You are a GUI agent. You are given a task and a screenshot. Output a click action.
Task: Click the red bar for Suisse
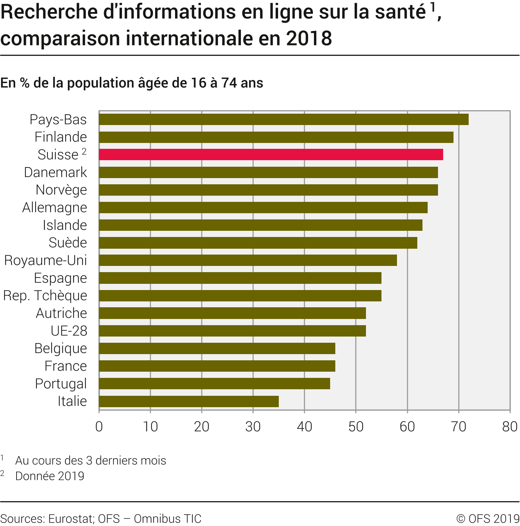(x=271, y=155)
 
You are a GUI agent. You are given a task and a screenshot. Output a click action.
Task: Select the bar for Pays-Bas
(x=284, y=119)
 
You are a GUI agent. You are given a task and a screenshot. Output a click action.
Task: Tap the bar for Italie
(x=189, y=401)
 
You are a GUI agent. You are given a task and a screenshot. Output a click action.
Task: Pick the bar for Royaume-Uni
(x=248, y=260)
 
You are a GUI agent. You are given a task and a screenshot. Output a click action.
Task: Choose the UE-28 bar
(x=232, y=331)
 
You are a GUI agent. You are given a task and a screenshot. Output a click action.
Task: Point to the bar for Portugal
(x=214, y=383)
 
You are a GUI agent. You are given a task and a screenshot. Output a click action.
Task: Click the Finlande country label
(x=61, y=137)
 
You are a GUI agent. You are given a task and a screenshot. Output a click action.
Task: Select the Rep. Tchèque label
(x=45, y=296)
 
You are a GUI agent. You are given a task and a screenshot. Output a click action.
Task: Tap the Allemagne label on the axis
(x=55, y=207)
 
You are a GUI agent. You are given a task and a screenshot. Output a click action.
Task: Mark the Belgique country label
(x=61, y=348)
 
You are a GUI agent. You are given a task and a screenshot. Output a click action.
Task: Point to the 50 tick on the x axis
(x=356, y=427)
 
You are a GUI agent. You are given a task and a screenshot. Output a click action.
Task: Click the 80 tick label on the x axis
(x=510, y=427)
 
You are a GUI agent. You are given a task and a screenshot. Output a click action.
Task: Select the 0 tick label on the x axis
(x=99, y=427)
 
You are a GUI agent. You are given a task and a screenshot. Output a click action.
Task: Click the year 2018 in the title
(x=309, y=38)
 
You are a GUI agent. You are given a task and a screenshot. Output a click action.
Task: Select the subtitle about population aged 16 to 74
(x=132, y=83)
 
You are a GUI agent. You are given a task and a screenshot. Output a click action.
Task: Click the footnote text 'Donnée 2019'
(x=50, y=476)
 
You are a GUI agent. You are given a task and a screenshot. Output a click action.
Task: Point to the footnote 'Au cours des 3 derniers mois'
(x=91, y=461)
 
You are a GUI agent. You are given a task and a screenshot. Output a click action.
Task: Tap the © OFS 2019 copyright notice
(x=488, y=518)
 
